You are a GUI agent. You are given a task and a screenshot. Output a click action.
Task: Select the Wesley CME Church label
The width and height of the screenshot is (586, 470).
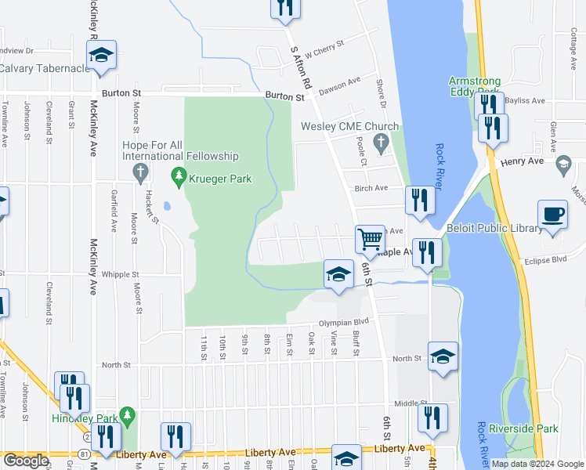pyautogui.click(x=350, y=127)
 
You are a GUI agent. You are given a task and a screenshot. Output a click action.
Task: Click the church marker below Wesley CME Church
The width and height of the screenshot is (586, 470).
pyautogui.click(x=382, y=143)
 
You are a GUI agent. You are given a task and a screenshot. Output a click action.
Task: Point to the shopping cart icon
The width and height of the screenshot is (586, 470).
pyautogui.click(x=370, y=237)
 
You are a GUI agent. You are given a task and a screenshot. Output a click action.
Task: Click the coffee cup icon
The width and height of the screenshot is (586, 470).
pyautogui.click(x=553, y=214)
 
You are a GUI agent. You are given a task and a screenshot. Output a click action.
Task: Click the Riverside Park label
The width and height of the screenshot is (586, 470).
pyautogui.click(x=523, y=428)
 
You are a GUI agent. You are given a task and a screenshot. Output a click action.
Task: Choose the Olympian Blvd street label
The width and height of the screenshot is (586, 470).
pyautogui.click(x=342, y=322)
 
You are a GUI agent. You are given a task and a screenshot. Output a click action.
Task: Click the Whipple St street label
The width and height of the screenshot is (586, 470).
pyautogui.click(x=120, y=275)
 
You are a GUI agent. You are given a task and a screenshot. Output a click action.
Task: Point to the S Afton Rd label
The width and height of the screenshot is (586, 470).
pyautogui.click(x=301, y=66)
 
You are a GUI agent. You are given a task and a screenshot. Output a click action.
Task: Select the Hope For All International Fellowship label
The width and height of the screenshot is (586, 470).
pyautogui.click(x=180, y=150)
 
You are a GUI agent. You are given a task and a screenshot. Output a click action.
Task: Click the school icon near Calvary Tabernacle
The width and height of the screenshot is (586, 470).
pyautogui.click(x=101, y=55)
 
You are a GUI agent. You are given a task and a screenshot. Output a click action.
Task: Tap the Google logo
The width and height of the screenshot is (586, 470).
pyautogui.click(x=26, y=461)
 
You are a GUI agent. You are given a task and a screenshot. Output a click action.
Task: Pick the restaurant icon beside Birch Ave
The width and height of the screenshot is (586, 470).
pyautogui.click(x=420, y=200)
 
